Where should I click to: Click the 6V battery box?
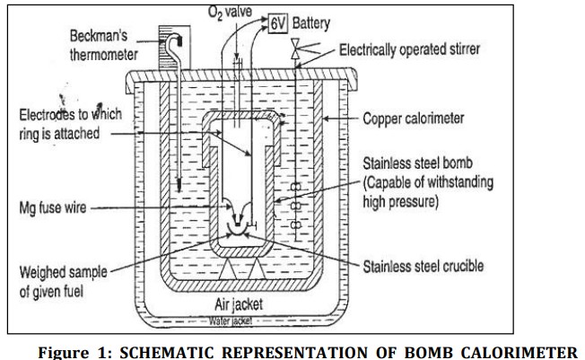click(277, 23)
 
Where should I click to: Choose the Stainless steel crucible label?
click(423, 266)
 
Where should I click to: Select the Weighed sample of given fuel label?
click(61, 280)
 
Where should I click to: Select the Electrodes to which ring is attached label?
click(70, 124)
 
